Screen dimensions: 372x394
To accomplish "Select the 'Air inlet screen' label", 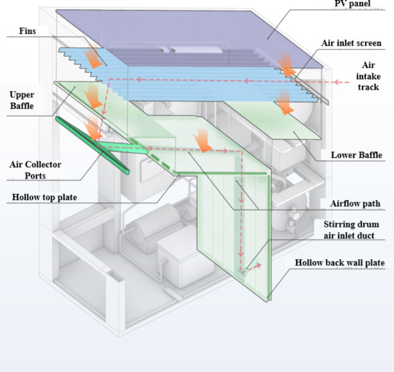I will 351,43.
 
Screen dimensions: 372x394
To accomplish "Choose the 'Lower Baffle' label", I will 356,155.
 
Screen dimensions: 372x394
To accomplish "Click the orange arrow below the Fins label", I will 96,56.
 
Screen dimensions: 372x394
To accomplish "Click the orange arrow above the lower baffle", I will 284,99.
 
